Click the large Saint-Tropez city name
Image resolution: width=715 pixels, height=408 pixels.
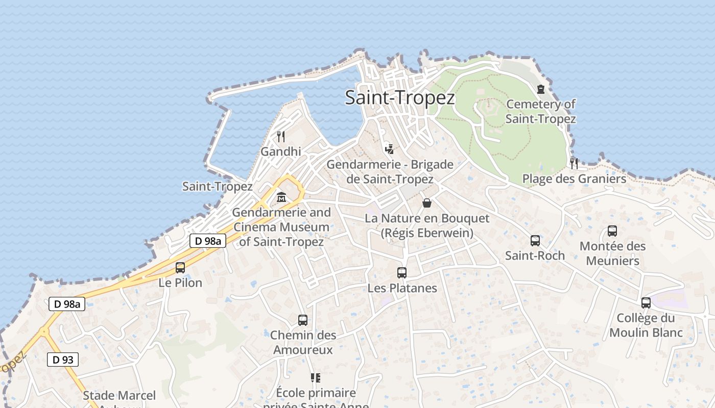click(399, 97)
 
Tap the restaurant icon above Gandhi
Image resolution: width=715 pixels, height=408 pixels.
click(280, 136)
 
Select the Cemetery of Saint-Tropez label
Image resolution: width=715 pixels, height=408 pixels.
click(540, 112)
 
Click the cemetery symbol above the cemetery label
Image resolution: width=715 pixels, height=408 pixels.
click(541, 89)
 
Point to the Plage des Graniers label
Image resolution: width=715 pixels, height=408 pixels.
click(574, 179)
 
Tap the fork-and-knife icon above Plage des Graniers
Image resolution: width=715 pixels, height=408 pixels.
click(574, 163)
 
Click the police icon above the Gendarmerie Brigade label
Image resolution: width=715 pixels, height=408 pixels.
click(390, 149)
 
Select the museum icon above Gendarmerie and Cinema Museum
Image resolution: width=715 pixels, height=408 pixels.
click(281, 197)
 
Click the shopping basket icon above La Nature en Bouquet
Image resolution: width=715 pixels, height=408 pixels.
click(427, 203)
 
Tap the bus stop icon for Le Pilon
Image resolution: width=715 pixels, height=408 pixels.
click(180, 267)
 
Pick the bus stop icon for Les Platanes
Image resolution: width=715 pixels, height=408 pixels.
click(402, 273)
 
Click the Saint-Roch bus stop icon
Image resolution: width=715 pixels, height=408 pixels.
click(535, 240)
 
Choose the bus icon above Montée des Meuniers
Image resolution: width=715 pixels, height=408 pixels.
click(612, 231)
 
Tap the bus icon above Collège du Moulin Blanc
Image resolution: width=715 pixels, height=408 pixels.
click(646, 303)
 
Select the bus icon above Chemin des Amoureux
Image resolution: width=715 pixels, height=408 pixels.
click(303, 320)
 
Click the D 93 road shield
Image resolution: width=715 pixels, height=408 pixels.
click(63, 360)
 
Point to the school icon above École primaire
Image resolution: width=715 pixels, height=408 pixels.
click(316, 378)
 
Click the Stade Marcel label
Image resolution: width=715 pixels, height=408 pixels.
click(120, 396)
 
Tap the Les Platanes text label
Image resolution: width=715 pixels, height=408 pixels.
click(402, 288)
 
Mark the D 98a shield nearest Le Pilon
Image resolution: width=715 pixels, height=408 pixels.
click(208, 241)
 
